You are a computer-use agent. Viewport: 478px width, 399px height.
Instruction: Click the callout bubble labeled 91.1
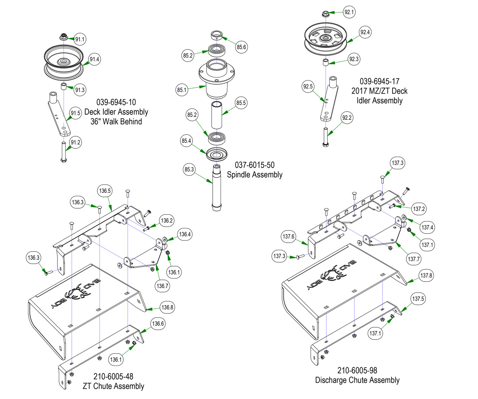coord(80,39)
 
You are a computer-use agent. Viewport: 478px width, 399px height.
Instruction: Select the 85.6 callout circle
coord(241,47)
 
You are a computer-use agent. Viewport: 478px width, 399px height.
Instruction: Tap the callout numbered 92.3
coord(354,59)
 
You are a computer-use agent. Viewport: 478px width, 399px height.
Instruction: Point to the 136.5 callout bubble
coord(105,191)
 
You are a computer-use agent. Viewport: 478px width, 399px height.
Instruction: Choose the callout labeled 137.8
coord(426,275)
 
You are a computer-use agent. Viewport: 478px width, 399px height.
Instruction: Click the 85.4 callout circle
coord(186,141)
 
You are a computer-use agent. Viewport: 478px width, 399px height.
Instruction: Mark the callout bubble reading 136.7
coord(163,286)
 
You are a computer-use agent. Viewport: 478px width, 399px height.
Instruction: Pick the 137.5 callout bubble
coord(418,299)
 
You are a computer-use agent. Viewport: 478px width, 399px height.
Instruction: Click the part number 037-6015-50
coord(255,165)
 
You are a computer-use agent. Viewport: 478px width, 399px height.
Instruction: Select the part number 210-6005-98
coord(357,370)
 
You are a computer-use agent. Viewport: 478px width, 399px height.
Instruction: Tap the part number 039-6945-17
coord(379,82)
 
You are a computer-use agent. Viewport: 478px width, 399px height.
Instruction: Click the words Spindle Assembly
coord(255,175)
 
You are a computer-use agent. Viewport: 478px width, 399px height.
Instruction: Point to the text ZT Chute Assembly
coord(113,386)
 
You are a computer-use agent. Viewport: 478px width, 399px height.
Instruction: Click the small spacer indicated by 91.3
coord(64,86)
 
